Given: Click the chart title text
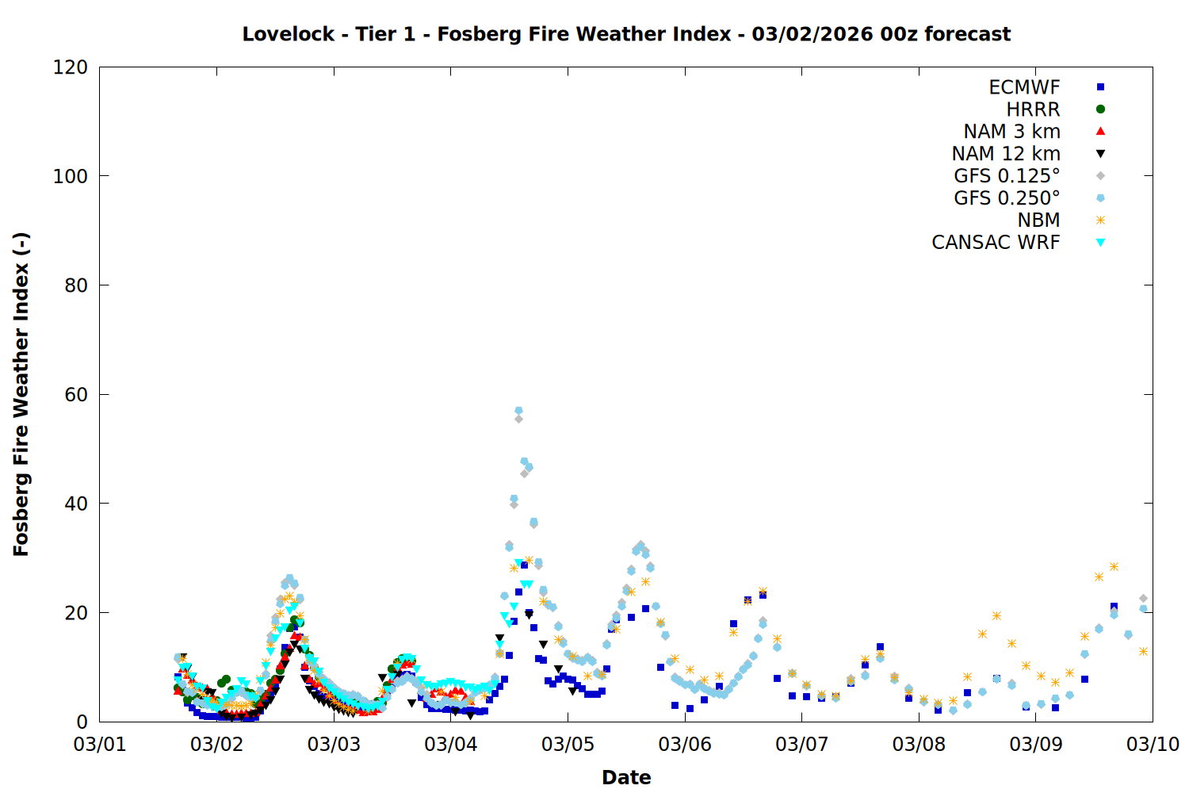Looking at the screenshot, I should point(626,34).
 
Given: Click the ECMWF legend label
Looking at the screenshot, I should point(1024,87).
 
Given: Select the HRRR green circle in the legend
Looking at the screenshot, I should point(1100,109).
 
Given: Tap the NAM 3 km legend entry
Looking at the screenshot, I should point(1011,132).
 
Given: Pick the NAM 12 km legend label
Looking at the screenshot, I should point(1006,154).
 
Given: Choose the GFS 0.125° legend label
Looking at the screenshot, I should point(1007,176).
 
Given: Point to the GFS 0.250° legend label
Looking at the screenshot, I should point(1007,198).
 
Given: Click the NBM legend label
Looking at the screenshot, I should point(1038,220).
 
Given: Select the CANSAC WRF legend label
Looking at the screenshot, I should point(996,243).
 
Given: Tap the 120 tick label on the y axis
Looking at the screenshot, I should point(71,67).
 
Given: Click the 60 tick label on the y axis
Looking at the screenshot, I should point(76,395).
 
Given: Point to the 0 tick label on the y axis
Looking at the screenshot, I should point(82,722).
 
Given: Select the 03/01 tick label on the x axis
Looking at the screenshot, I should point(100,745).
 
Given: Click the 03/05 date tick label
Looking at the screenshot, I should point(568,745).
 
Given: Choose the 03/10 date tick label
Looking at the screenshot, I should point(1153,745).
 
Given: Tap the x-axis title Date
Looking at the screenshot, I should point(626,777).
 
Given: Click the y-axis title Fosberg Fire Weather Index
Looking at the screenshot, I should point(21,394).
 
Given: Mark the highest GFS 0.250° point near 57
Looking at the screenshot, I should point(518,411).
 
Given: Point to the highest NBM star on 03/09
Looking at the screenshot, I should point(1114,566).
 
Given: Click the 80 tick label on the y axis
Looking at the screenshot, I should point(76,285).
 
